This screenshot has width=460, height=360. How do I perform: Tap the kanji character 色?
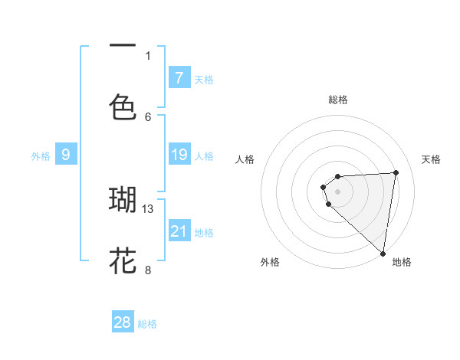point(123,106)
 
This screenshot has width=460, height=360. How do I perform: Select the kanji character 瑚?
point(123,199)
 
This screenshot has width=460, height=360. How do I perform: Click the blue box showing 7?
point(179,77)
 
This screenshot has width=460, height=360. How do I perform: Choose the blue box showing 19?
point(179,155)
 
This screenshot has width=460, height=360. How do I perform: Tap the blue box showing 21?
point(179,231)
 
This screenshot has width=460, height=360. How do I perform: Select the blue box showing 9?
point(66,155)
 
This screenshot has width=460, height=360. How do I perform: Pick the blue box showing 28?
point(123,322)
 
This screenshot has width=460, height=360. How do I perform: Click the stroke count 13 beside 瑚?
point(149,208)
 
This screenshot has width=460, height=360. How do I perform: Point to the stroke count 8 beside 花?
point(148,270)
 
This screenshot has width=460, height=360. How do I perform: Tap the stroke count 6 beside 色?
point(148,116)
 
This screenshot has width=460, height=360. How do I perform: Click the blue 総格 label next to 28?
point(147,324)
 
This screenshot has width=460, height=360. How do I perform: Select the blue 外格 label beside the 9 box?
point(41,156)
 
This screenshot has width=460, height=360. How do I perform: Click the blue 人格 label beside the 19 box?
point(204,156)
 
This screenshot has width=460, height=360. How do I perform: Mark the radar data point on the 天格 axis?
point(396,172)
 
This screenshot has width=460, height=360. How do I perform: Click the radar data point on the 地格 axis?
point(383,254)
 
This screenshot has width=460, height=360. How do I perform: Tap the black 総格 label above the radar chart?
point(338,100)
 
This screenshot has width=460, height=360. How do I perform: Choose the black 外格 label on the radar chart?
point(270,262)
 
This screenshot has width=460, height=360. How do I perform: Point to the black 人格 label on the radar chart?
point(245,159)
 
